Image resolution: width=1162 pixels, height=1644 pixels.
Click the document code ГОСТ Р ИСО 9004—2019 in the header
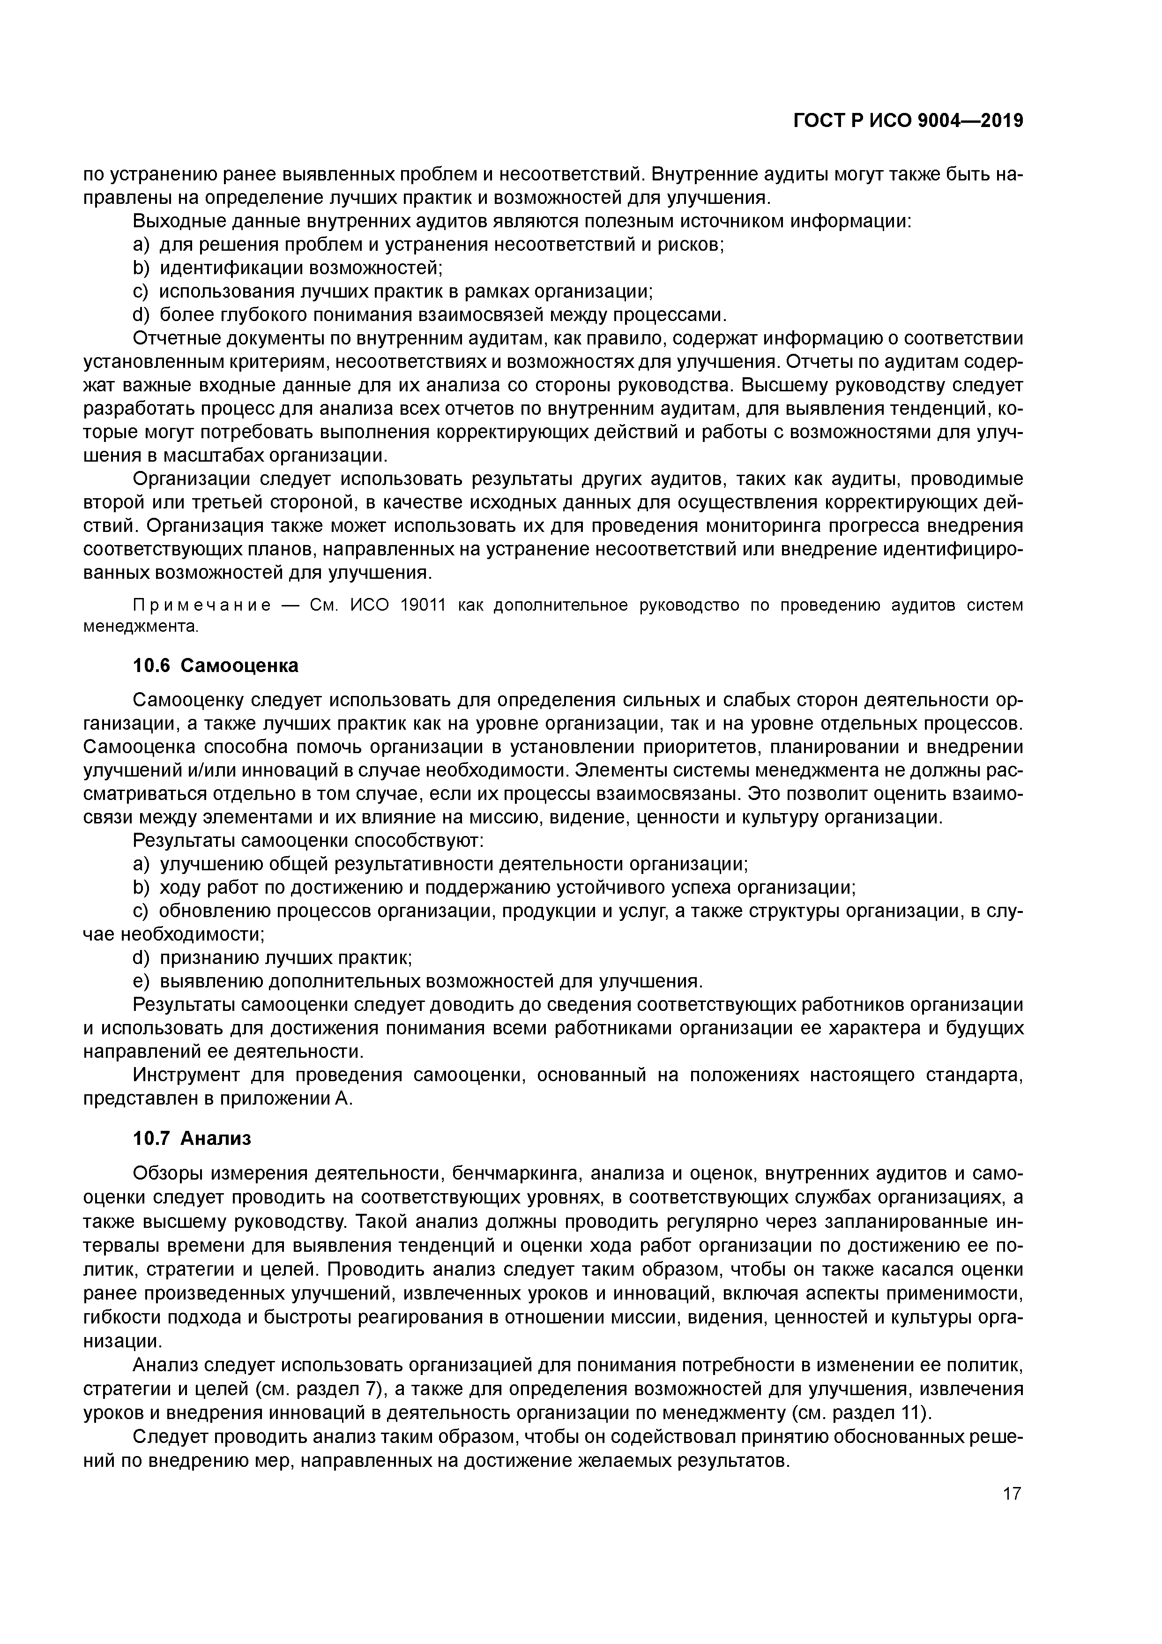[x=908, y=121]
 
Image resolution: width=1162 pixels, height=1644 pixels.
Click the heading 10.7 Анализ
[x=192, y=1138]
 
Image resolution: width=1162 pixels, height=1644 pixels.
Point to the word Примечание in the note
[x=202, y=606]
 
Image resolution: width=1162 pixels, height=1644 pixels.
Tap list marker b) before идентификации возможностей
[x=140, y=268]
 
